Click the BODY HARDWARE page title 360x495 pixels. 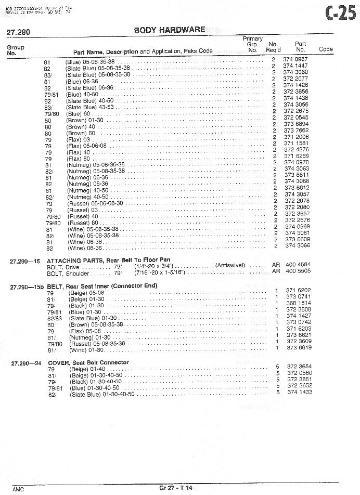point(170,30)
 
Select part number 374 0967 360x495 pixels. point(295,60)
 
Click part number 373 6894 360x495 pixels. point(296,124)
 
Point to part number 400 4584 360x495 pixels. point(298,265)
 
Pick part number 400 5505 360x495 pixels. point(298,271)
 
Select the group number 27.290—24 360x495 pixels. point(25,363)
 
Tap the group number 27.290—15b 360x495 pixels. point(27,286)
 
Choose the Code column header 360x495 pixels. point(326,49)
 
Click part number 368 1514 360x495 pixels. point(299,303)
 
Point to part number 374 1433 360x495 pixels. point(300,392)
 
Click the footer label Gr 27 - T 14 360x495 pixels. point(176,488)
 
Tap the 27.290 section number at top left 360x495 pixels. point(18,32)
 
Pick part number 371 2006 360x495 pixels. point(296,137)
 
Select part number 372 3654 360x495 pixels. point(300,367)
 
